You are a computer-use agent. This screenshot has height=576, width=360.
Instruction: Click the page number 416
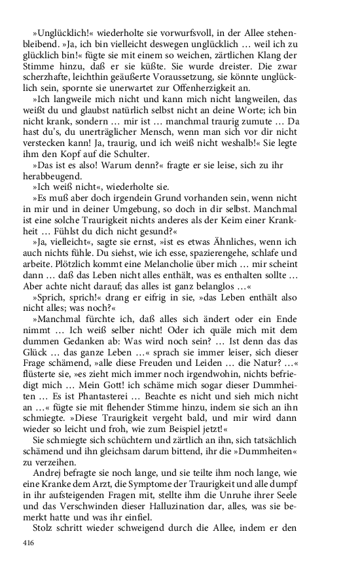pos(28,543)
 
